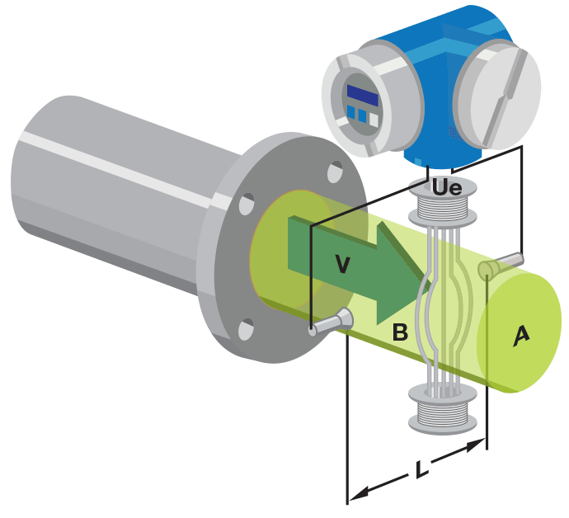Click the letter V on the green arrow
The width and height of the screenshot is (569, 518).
pos(343,263)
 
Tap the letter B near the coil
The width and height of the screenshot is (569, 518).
pos(400,333)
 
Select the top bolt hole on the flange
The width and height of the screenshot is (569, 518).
pos(335,172)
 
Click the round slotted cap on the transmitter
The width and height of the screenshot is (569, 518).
pos(498,101)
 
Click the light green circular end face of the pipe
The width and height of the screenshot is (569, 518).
pos(515,330)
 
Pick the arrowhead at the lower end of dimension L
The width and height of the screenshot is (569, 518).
pos(354,495)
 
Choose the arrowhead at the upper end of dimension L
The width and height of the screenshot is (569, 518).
pos(478,445)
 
